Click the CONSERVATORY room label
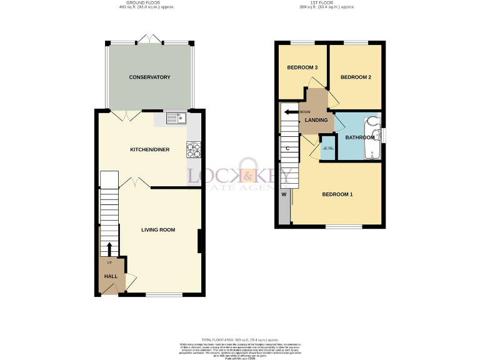149,77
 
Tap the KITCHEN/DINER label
149,150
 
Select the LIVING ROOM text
157,230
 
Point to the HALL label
111,276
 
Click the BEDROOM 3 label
302,67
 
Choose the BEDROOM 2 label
356,77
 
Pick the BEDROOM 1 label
337,194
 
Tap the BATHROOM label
360,137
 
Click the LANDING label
316,120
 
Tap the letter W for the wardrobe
284,194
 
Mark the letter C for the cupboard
287,149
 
